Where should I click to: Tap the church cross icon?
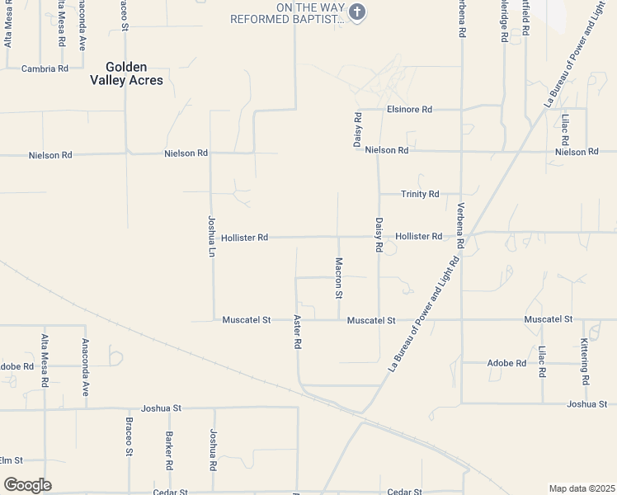point(357,11)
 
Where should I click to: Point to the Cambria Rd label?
point(45,68)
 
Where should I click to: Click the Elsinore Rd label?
point(410,109)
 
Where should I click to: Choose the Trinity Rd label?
point(420,194)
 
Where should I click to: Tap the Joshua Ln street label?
point(211,234)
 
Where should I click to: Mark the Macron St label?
point(338,277)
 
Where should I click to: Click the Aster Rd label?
point(298,331)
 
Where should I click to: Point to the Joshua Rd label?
point(213,450)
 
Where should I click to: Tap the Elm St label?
point(11,460)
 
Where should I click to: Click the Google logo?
point(27,485)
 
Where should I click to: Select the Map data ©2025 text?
point(582,488)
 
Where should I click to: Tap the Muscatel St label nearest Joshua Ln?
point(247,320)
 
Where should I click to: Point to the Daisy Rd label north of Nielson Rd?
point(358,129)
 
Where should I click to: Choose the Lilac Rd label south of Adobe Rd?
point(542,361)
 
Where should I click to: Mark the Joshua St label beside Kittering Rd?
point(587,404)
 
